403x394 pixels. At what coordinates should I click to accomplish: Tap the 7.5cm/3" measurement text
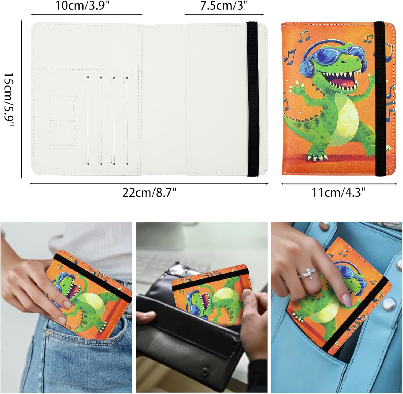(224, 6)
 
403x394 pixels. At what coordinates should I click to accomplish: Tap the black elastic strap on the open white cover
(253, 99)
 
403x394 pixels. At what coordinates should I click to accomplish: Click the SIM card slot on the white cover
(63, 121)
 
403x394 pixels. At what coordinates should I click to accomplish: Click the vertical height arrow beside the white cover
(21, 100)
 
